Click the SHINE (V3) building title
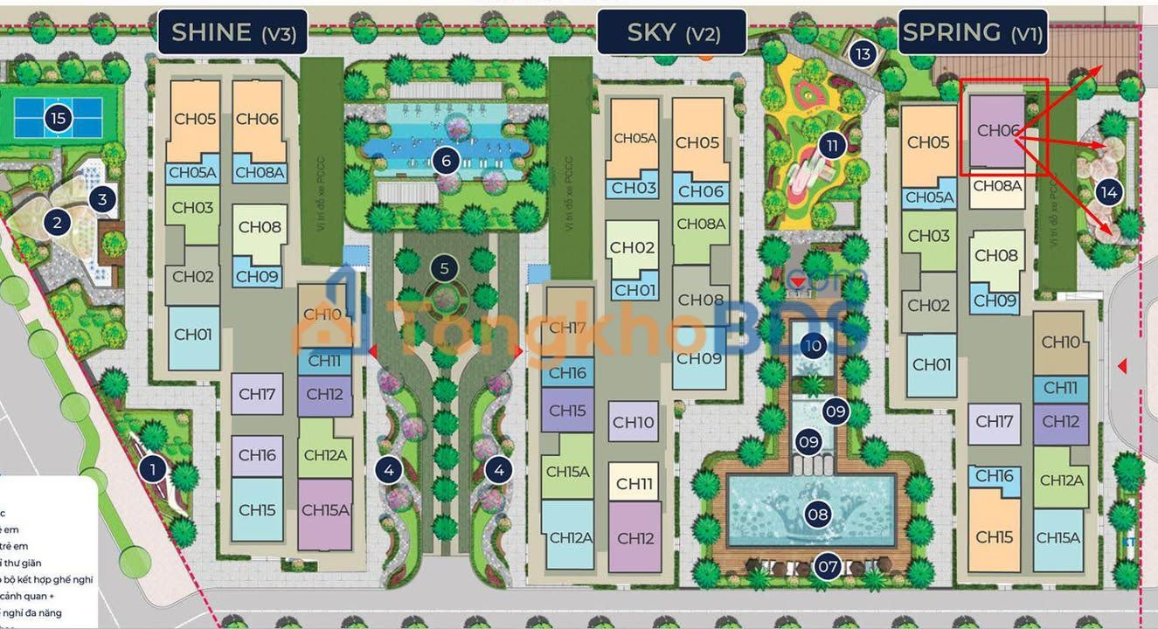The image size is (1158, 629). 232,32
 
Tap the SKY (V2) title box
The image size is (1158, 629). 672,32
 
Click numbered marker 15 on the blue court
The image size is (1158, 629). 58,118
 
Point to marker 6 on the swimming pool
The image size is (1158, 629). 446,161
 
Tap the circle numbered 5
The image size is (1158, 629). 445,268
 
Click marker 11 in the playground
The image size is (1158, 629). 831,144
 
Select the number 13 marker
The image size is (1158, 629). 863,54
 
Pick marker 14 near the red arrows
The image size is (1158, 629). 1109,192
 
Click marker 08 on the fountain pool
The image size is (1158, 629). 818,515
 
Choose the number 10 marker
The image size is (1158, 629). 814,345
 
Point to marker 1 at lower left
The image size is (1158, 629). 153,470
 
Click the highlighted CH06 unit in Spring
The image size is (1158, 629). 997,131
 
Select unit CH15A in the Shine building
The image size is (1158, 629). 325,515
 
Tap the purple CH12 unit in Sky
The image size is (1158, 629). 635,537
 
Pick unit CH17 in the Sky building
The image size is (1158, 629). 567,328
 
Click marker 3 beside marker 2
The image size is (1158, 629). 102,199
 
